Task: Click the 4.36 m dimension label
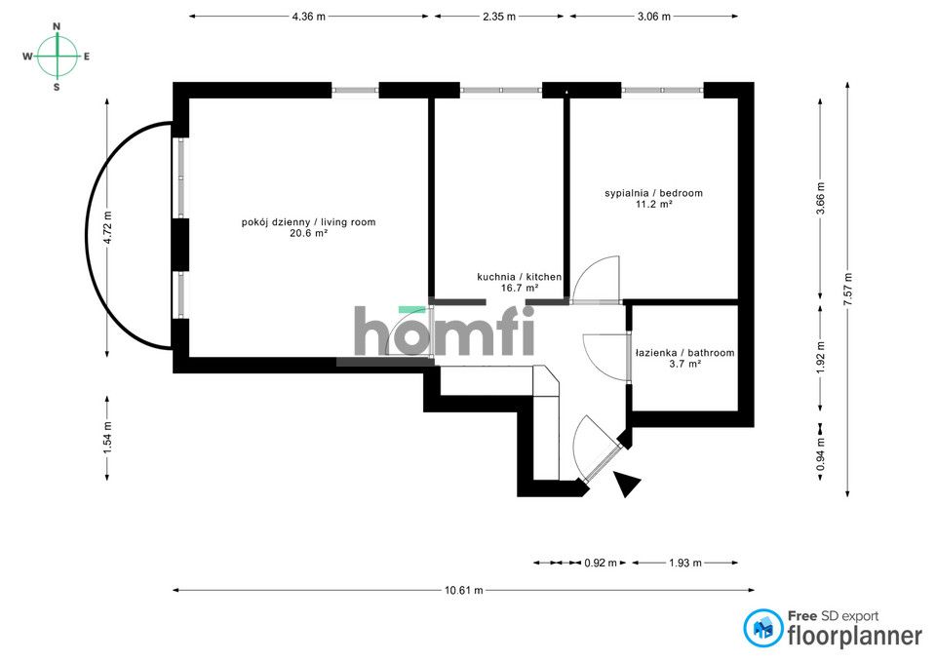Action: click(309, 17)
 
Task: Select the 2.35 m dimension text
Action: click(499, 17)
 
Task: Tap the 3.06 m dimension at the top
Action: click(653, 17)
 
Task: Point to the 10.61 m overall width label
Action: click(464, 591)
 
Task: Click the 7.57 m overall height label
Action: click(847, 290)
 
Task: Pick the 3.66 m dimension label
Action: click(820, 199)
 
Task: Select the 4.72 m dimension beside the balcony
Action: click(107, 227)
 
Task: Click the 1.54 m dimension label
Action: click(107, 438)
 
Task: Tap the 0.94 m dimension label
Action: click(820, 454)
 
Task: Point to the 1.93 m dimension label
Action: click(685, 563)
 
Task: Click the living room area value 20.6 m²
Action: click(309, 233)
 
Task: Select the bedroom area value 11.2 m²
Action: click(654, 204)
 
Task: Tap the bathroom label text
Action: click(684, 353)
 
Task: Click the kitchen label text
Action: click(520, 277)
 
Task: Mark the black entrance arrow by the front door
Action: click(627, 484)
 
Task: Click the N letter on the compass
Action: click(57, 26)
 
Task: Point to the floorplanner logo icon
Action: click(763, 629)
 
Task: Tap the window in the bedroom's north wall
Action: click(662, 90)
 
